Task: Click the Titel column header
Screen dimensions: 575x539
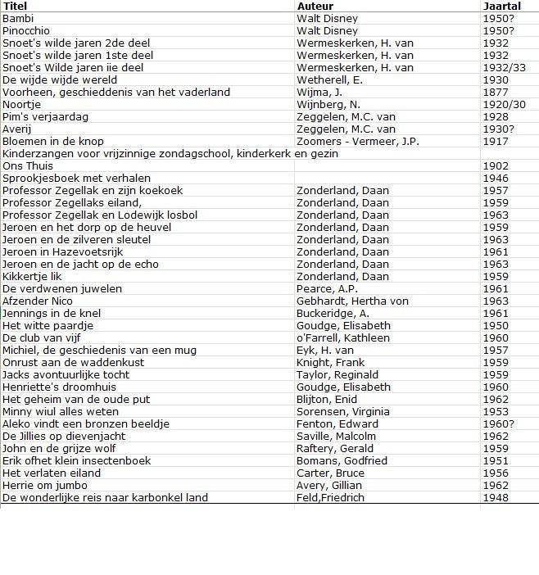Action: click(x=15, y=6)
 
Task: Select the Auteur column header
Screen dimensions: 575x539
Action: click(x=315, y=6)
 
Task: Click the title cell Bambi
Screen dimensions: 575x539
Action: click(x=19, y=18)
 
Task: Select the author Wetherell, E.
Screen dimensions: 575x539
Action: click(x=329, y=79)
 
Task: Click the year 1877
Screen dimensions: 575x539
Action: click(x=496, y=92)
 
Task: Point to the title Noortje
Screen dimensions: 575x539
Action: click(x=22, y=104)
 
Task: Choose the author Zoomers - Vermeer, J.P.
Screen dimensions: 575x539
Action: click(x=358, y=141)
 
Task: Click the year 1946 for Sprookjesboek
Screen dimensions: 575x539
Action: click(x=496, y=178)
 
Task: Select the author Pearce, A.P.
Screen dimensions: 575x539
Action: click(x=328, y=288)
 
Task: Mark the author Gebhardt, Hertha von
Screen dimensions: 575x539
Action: click(x=352, y=301)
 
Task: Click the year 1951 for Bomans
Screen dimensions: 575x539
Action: click(x=496, y=460)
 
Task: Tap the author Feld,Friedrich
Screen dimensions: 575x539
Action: click(x=330, y=497)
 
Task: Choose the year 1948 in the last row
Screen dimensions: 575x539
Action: click(x=496, y=497)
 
